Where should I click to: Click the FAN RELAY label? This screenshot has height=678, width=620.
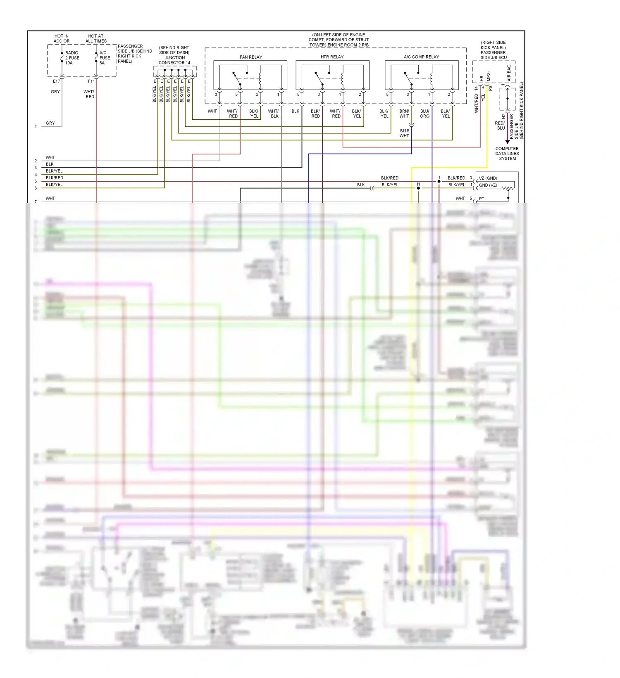[x=250, y=57]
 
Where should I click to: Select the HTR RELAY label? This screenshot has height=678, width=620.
[x=332, y=57]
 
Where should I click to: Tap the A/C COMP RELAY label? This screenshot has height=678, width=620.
[x=421, y=57]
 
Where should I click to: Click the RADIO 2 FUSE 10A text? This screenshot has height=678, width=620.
[x=72, y=58]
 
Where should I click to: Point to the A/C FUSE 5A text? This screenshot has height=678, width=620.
[x=104, y=58]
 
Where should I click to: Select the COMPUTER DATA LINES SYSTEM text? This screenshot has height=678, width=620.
[x=507, y=154]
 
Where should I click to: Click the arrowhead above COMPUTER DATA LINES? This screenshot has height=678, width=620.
[x=508, y=142]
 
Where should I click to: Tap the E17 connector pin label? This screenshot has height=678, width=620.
[x=56, y=81]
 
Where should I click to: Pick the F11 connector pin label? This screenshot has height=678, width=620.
[x=91, y=81]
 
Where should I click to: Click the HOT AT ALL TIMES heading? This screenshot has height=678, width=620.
[x=96, y=38]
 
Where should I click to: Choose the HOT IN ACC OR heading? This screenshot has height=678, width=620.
[x=62, y=38]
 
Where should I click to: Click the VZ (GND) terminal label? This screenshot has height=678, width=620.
[x=488, y=178]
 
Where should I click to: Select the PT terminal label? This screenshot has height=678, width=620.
[x=482, y=199]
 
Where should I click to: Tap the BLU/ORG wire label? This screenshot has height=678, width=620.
[x=424, y=114]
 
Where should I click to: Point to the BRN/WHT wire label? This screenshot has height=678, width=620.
[x=404, y=114]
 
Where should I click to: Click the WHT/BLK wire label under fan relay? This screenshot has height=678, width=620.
[x=273, y=114]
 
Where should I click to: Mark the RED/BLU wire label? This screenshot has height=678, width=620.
[x=500, y=126]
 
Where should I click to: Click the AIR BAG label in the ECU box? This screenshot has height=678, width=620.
[x=509, y=73]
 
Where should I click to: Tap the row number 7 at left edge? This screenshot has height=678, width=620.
[x=36, y=202]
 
